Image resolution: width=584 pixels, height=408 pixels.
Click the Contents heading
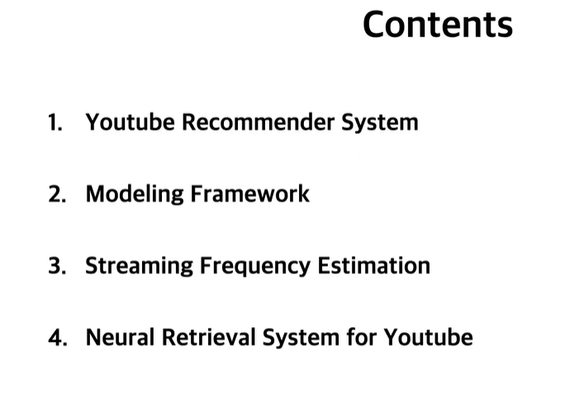click(438, 24)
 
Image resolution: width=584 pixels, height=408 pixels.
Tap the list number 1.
click(55, 123)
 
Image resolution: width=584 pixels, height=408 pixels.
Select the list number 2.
click(56, 195)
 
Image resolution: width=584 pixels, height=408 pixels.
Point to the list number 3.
click(56, 267)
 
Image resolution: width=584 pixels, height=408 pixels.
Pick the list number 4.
click(57, 339)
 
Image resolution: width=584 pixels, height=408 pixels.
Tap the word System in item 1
click(379, 123)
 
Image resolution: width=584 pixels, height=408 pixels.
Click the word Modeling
click(135, 195)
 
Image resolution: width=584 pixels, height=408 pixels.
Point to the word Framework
click(250, 195)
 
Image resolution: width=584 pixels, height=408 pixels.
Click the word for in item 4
click(362, 339)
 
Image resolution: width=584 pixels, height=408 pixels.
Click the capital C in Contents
click(375, 25)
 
